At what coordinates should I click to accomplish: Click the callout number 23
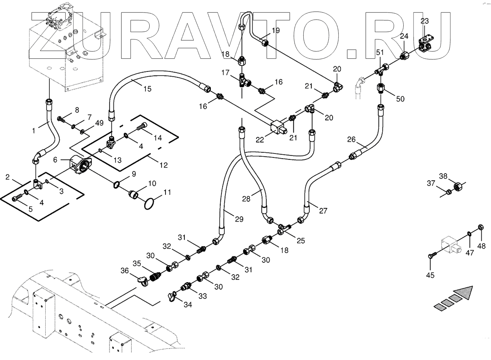(x=424, y=21)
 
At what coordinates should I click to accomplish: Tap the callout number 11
(x=167, y=192)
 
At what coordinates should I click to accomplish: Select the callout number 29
(x=239, y=219)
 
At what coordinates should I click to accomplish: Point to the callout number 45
(x=430, y=275)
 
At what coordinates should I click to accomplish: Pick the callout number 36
(x=125, y=271)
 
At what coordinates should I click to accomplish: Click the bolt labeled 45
(x=432, y=255)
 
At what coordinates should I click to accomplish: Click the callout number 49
(x=98, y=123)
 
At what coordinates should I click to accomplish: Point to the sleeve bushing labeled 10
(x=134, y=194)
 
